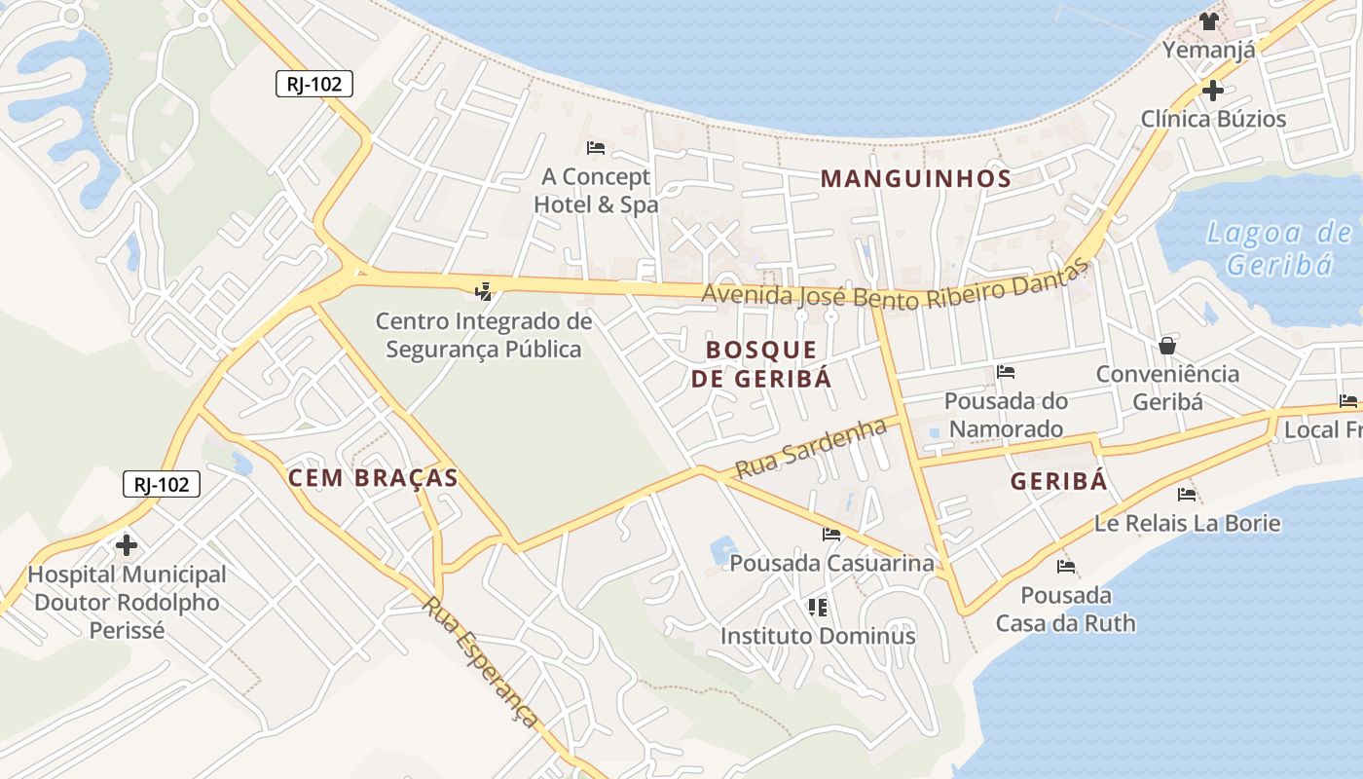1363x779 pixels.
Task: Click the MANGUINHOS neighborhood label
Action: point(915,178)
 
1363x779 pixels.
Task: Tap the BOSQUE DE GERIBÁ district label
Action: point(761,364)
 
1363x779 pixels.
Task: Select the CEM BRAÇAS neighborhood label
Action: point(373,478)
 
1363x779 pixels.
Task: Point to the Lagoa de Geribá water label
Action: point(1278,248)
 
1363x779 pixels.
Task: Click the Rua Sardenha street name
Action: point(811,448)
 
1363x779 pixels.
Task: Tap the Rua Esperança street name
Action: point(480,661)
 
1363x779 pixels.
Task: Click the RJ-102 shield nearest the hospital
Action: point(162,483)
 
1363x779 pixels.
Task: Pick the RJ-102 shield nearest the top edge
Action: point(313,84)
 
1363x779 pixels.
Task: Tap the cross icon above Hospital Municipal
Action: point(127,545)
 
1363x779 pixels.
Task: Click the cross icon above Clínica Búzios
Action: point(1212,91)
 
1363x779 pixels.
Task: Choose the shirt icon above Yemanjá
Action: point(1209,20)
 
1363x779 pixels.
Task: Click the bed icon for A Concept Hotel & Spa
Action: point(596,148)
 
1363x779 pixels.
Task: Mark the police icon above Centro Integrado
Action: point(483,290)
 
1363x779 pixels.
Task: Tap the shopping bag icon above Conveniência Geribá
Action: point(1167,346)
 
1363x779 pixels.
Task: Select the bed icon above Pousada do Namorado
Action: point(1006,372)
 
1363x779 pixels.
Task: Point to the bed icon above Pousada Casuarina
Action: point(831,534)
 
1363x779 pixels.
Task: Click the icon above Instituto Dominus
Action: point(818,608)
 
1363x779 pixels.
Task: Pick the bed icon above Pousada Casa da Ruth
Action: point(1066,566)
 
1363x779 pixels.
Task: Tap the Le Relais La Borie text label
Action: point(1187,523)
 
